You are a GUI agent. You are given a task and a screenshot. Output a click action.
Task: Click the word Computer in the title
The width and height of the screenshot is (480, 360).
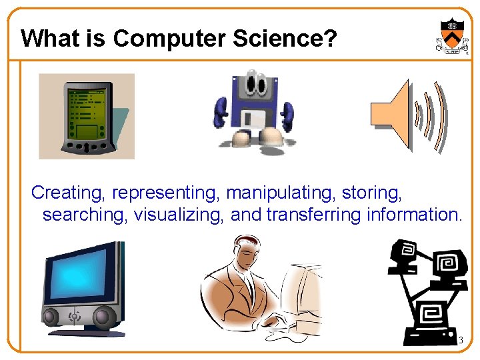pos(170,39)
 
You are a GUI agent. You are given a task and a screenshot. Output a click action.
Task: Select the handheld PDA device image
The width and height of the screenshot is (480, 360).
pos(85,117)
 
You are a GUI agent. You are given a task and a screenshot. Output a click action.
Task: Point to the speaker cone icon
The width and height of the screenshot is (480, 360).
pos(390,113)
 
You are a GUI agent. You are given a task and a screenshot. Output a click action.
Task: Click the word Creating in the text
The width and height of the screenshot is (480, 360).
pos(69,193)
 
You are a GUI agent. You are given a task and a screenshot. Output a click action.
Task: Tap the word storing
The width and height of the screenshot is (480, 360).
pos(372,193)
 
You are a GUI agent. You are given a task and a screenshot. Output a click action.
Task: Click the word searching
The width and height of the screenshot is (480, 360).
pos(85,215)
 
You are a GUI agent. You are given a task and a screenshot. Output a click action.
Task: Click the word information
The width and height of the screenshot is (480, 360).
pos(414,215)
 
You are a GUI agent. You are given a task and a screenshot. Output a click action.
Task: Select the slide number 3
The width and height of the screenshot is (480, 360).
pos(460,341)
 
